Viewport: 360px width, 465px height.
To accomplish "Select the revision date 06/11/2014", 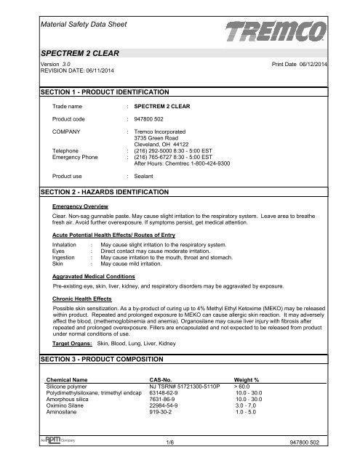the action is click(79, 70).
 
